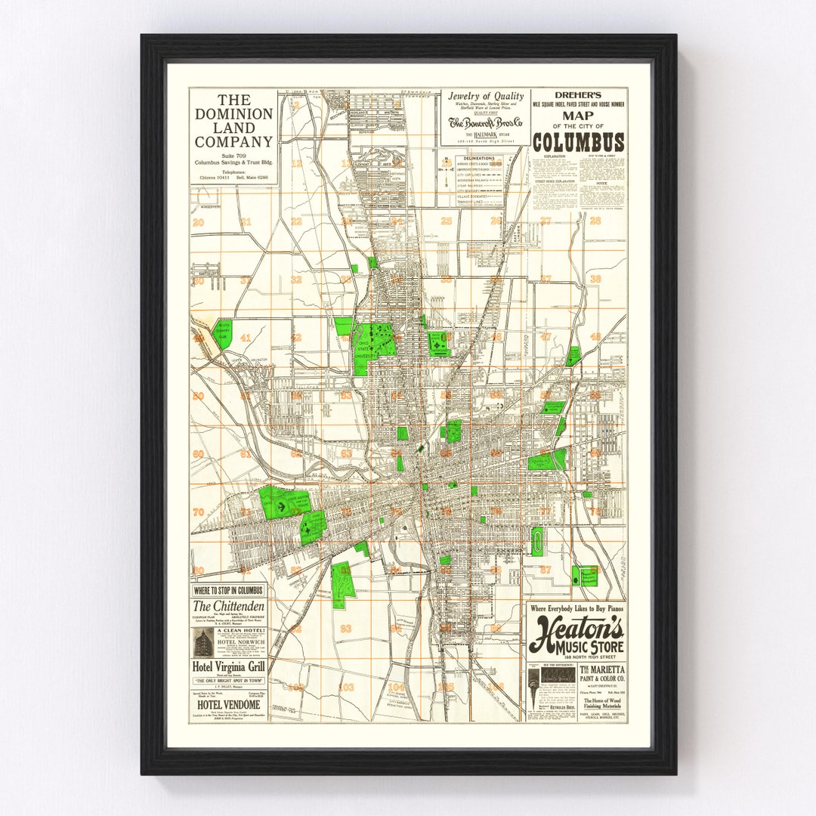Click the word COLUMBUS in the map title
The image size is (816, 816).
click(x=578, y=143)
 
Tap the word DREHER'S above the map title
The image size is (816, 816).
click(x=578, y=96)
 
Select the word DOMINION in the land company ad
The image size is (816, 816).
click(x=234, y=114)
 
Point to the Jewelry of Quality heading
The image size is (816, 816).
click(x=485, y=96)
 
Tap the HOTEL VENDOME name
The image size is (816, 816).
click(x=228, y=704)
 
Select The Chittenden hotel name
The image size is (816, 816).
click(x=228, y=606)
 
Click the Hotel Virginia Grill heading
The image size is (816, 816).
click(x=228, y=666)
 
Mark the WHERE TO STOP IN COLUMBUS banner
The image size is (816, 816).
click(x=228, y=589)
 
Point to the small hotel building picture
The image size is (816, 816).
click(x=202, y=642)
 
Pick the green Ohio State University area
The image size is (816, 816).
click(x=372, y=344)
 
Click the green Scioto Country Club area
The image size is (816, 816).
click(x=222, y=333)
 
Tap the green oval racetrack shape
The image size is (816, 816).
click(x=537, y=541)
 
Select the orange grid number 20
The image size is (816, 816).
click(x=199, y=222)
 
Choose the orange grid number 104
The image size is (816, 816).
click(x=396, y=687)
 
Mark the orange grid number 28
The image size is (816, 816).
click(x=595, y=221)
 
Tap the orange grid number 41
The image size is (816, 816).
click(x=246, y=338)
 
